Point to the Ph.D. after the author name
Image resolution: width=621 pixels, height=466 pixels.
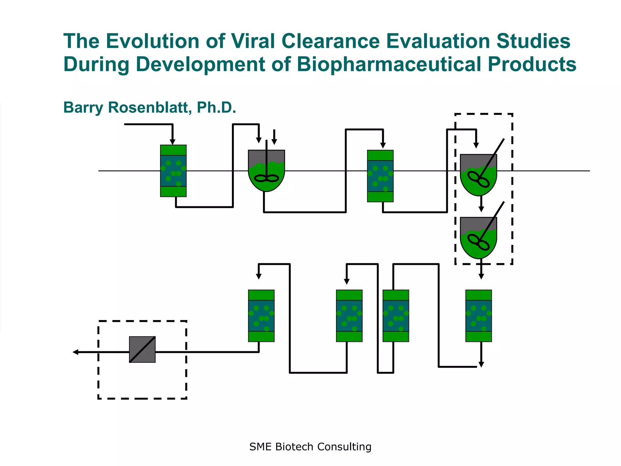point(216,107)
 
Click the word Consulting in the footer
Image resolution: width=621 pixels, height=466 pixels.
point(344,447)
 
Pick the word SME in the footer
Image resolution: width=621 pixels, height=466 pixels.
point(260,447)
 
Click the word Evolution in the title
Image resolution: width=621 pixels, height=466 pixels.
point(153,41)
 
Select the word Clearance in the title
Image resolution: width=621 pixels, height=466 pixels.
point(330,41)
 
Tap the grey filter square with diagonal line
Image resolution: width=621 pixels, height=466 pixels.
point(142,349)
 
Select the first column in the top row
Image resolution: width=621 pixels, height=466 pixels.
point(173,171)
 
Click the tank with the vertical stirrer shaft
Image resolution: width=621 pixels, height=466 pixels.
point(266,171)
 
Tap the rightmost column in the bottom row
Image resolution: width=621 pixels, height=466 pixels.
point(478,316)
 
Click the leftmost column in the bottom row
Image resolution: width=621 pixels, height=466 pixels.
point(261,316)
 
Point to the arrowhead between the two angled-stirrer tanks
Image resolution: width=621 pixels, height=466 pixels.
point(481,209)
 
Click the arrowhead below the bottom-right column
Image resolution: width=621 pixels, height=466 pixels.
point(481,364)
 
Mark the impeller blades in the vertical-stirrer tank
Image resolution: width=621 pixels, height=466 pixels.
point(266,178)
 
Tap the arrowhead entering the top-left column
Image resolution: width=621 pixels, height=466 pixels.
point(173,142)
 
